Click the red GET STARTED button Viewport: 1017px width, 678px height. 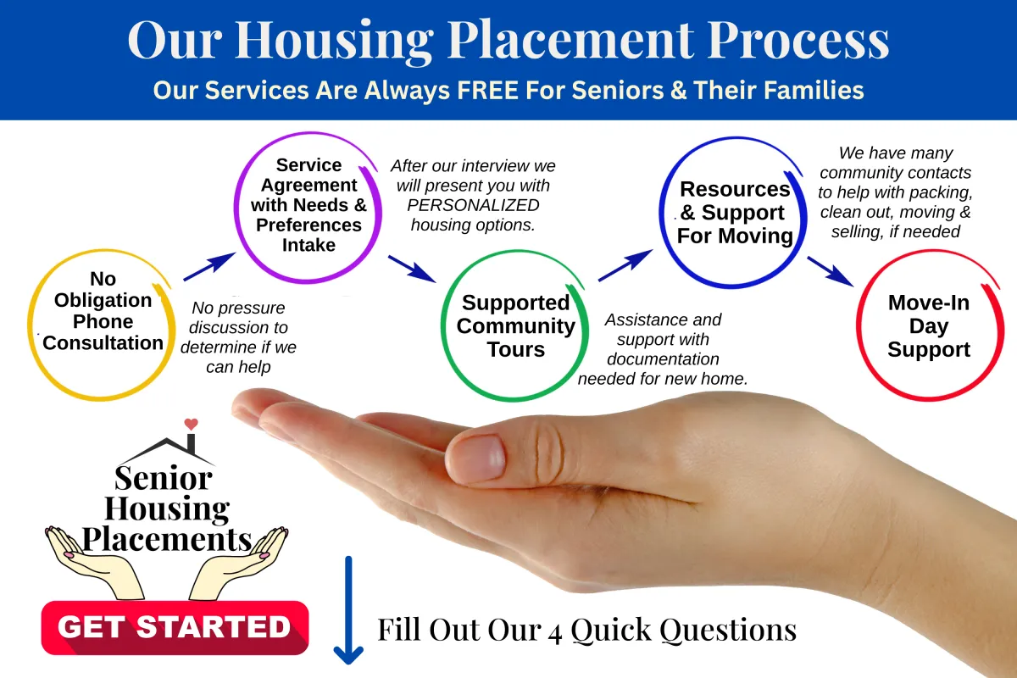pyautogui.click(x=175, y=628)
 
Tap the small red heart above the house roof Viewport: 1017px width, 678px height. pyautogui.click(x=192, y=424)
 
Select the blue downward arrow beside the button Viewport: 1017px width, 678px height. pyautogui.click(x=348, y=610)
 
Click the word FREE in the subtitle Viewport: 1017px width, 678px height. pyautogui.click(x=487, y=90)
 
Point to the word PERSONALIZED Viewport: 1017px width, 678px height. pyautogui.click(x=473, y=205)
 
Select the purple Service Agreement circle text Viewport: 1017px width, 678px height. pyautogui.click(x=308, y=205)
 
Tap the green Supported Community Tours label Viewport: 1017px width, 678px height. pyautogui.click(x=516, y=325)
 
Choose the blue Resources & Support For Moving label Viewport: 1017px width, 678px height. pyautogui.click(x=735, y=213)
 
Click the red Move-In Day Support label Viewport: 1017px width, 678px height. pyautogui.click(x=929, y=325)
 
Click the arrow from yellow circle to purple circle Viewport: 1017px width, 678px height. pyautogui.click(x=210, y=267)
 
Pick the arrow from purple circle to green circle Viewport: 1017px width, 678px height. pyautogui.click(x=412, y=269)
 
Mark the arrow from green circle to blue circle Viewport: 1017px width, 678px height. pyautogui.click(x=625, y=265)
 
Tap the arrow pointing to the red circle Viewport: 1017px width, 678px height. pyautogui.click(x=831, y=271)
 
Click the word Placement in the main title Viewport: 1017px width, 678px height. pyautogui.click(x=570, y=40)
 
